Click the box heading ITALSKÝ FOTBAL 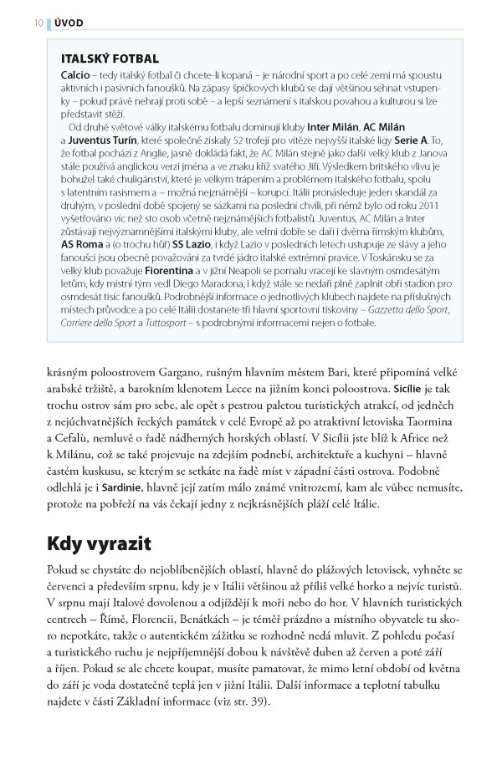pos(110,59)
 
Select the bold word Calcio pos(76,74)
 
